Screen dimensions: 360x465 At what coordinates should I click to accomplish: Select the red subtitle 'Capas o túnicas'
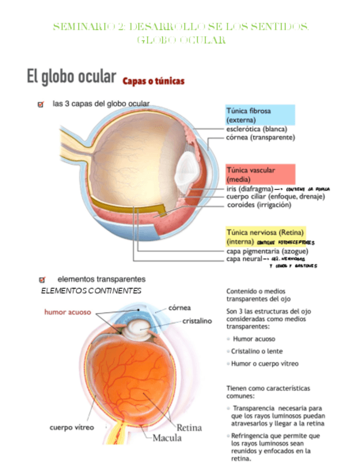click(154, 81)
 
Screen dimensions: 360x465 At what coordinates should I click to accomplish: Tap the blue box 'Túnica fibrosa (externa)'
click(260, 115)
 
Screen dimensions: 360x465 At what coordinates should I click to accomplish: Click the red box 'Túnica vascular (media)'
click(261, 174)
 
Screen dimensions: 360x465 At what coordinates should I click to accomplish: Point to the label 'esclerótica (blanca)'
click(256, 129)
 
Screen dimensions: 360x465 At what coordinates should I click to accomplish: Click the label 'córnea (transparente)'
click(261, 138)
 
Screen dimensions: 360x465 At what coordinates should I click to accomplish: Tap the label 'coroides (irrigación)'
click(259, 205)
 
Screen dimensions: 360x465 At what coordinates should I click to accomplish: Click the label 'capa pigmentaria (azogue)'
click(263, 251)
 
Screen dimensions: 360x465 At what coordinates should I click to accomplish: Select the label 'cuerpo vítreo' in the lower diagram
click(72, 427)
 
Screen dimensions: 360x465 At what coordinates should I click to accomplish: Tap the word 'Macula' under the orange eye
click(167, 438)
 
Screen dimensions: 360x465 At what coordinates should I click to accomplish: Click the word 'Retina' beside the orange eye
click(189, 427)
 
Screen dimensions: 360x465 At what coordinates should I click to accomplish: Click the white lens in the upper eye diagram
click(183, 171)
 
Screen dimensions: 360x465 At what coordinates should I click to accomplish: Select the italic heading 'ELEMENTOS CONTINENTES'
click(91, 290)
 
